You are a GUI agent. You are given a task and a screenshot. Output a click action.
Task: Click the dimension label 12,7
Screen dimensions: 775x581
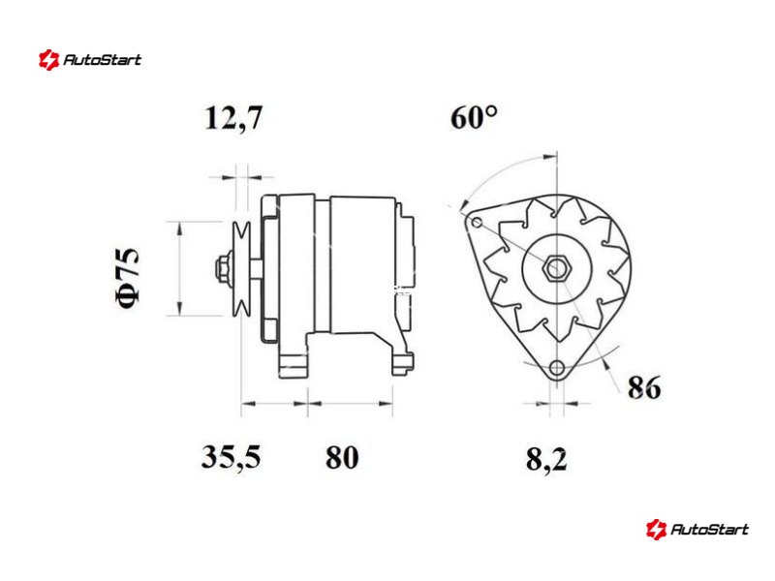233,118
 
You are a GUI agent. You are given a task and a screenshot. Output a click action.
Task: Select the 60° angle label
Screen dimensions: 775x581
474,117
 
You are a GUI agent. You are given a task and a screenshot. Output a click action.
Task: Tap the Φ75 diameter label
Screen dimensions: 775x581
128,277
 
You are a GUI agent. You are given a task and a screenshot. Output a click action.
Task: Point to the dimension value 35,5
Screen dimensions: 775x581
231,457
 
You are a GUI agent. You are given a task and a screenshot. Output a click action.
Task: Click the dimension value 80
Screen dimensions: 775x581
342,457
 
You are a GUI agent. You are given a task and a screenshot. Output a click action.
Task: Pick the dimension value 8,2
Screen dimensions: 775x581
546,459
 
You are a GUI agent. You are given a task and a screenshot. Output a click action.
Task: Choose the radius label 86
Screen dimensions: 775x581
644,387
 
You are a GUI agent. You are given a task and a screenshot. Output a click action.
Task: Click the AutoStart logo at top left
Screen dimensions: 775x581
90,60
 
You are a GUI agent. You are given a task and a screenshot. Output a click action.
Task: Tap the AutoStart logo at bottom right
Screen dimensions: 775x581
697,529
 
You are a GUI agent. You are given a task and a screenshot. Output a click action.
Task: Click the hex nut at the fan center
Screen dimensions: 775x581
557,268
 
